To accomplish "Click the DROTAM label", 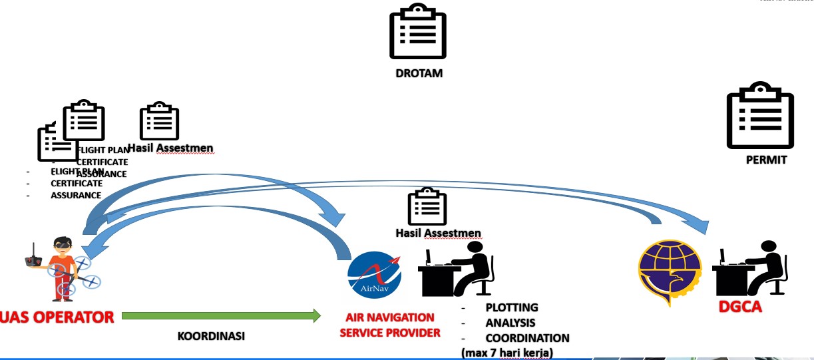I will (x=419, y=73).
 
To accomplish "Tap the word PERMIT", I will (x=766, y=160).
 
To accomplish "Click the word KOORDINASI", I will (x=211, y=336).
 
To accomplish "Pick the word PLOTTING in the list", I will (x=511, y=308).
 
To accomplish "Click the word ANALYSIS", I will (x=510, y=323).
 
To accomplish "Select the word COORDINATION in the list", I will (x=527, y=338).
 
